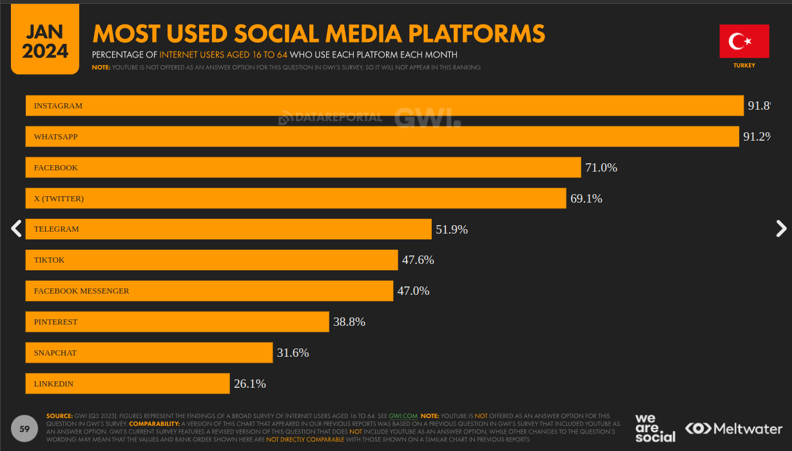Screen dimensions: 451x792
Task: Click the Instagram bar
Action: click(384, 106)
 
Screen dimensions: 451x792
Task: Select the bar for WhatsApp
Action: click(382, 137)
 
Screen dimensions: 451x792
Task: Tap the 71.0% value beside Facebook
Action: click(601, 168)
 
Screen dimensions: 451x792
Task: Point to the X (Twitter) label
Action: click(59, 199)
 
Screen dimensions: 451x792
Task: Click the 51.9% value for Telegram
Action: click(452, 230)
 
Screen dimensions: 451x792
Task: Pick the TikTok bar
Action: click(211, 260)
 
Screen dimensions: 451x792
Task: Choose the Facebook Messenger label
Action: click(81, 291)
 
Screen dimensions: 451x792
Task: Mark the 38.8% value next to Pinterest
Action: click(349, 322)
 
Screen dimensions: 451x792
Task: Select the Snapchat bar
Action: click(149, 353)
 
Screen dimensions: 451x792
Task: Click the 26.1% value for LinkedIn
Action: click(250, 384)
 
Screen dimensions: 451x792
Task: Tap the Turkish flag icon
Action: click(744, 41)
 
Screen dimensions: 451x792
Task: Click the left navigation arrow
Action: click(17, 228)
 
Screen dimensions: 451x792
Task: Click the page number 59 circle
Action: click(25, 429)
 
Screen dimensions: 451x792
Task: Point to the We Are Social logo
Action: click(655, 428)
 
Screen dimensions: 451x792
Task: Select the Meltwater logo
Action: click(733, 428)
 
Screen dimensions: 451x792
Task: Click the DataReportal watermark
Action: click(330, 117)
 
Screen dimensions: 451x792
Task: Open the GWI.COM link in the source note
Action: click(403, 416)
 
